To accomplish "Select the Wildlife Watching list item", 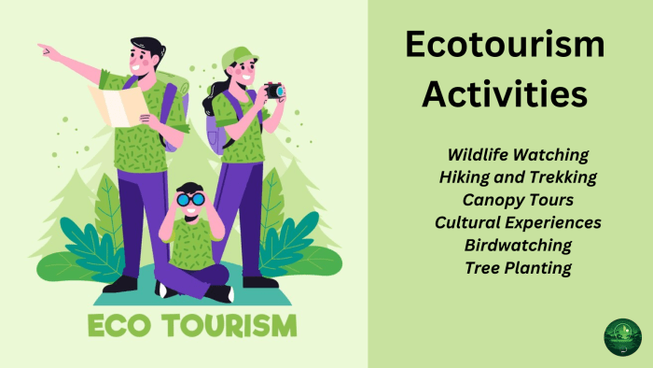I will [518, 153].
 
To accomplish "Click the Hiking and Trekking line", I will [518, 177].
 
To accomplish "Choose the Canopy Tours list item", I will [518, 199].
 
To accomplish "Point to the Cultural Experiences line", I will [518, 222].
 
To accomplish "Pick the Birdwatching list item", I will [518, 245].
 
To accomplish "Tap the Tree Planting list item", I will [518, 268].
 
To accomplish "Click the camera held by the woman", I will [273, 91].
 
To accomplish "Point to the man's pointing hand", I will [47, 50].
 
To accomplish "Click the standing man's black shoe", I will [120, 284].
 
